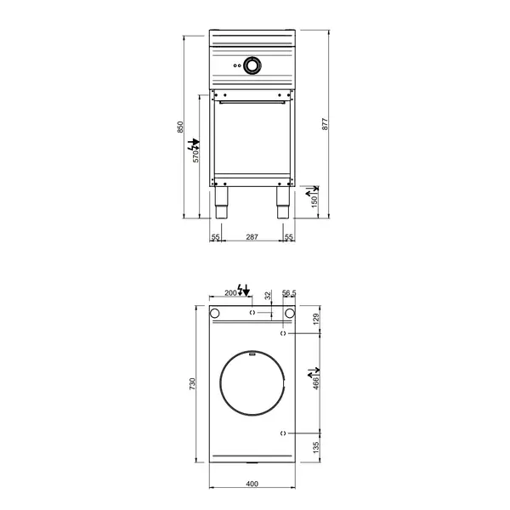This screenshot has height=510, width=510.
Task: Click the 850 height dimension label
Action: coord(180,126)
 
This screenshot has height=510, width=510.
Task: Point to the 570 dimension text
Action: coord(195,154)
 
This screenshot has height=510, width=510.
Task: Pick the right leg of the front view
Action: coord(281,204)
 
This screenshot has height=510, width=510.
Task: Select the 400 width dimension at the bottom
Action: coord(252,484)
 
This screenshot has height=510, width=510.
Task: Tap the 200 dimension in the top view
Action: coord(229,292)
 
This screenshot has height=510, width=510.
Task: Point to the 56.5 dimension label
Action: coord(288,292)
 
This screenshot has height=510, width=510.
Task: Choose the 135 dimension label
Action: coord(316,447)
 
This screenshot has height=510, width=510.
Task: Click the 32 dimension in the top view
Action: coord(268,296)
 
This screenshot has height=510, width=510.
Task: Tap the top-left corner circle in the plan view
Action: coord(216,314)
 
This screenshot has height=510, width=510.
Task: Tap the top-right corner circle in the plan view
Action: coord(289,314)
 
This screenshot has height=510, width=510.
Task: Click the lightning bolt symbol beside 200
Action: coord(244,292)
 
